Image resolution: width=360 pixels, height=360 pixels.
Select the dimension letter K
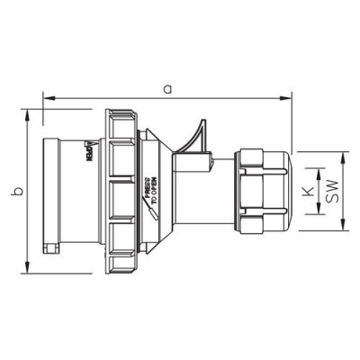[x=306, y=192]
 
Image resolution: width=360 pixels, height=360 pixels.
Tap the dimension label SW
[x=334, y=192]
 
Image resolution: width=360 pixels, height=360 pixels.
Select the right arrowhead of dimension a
[x=288, y=95]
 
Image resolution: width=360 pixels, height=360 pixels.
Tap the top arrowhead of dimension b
[x=33, y=115]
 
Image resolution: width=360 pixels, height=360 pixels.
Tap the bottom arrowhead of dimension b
[x=33, y=269]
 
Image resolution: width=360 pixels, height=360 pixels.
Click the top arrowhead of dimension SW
[x=346, y=154]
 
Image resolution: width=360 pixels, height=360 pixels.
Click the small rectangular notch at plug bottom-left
[x=53, y=247]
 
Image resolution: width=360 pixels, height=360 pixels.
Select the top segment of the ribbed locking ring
[x=121, y=122]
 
